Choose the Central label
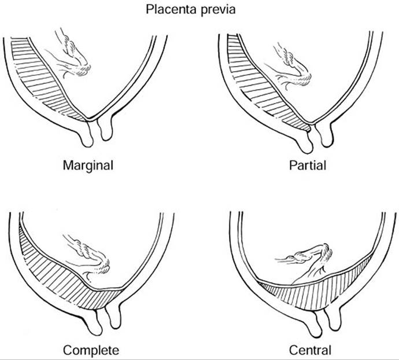point(311,350)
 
